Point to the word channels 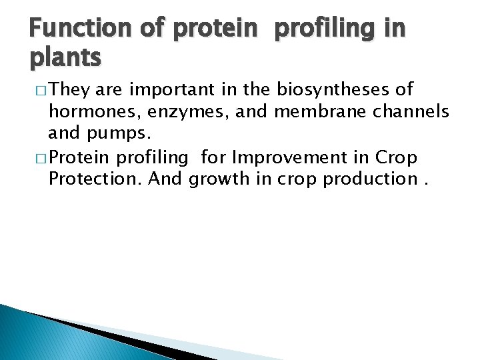point(409,112)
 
